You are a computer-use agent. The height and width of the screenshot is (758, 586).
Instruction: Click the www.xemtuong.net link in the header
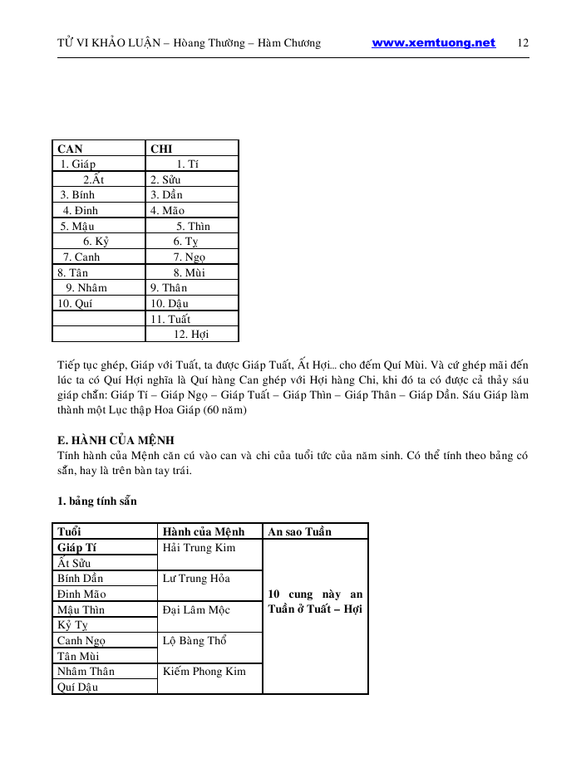click(x=433, y=43)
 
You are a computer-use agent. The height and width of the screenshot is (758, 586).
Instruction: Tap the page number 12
click(x=523, y=43)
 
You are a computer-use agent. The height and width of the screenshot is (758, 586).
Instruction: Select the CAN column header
click(x=70, y=149)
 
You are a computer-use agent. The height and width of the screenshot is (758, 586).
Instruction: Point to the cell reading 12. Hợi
click(x=191, y=335)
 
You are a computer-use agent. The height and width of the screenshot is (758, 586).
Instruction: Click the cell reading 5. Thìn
click(x=193, y=227)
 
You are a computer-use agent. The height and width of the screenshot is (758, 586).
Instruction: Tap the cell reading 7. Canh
click(x=81, y=257)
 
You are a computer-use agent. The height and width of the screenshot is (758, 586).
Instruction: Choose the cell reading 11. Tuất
click(x=170, y=320)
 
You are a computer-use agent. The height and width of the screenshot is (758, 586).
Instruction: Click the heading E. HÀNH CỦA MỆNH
click(x=116, y=440)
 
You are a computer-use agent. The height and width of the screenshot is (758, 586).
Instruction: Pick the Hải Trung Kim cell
click(x=199, y=548)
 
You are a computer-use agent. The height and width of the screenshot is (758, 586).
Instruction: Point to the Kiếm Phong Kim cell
click(x=204, y=672)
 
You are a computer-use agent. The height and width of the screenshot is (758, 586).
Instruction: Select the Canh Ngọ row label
click(x=81, y=641)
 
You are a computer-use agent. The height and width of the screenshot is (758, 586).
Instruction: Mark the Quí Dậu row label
click(x=77, y=687)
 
